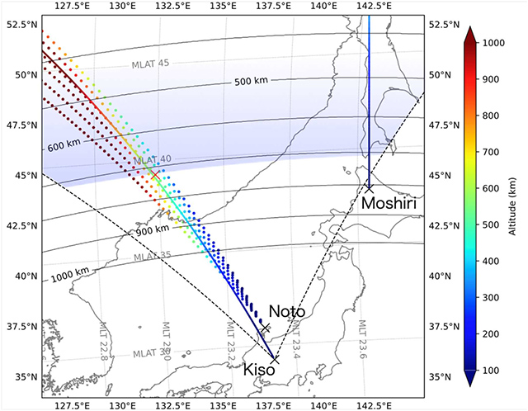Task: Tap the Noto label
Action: [287, 311]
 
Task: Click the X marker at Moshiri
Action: [369, 188]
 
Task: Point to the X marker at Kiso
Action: [275, 359]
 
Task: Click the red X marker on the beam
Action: [155, 175]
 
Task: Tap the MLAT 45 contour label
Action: [150, 64]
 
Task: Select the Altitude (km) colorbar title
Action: [516, 206]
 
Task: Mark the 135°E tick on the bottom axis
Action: [223, 404]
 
